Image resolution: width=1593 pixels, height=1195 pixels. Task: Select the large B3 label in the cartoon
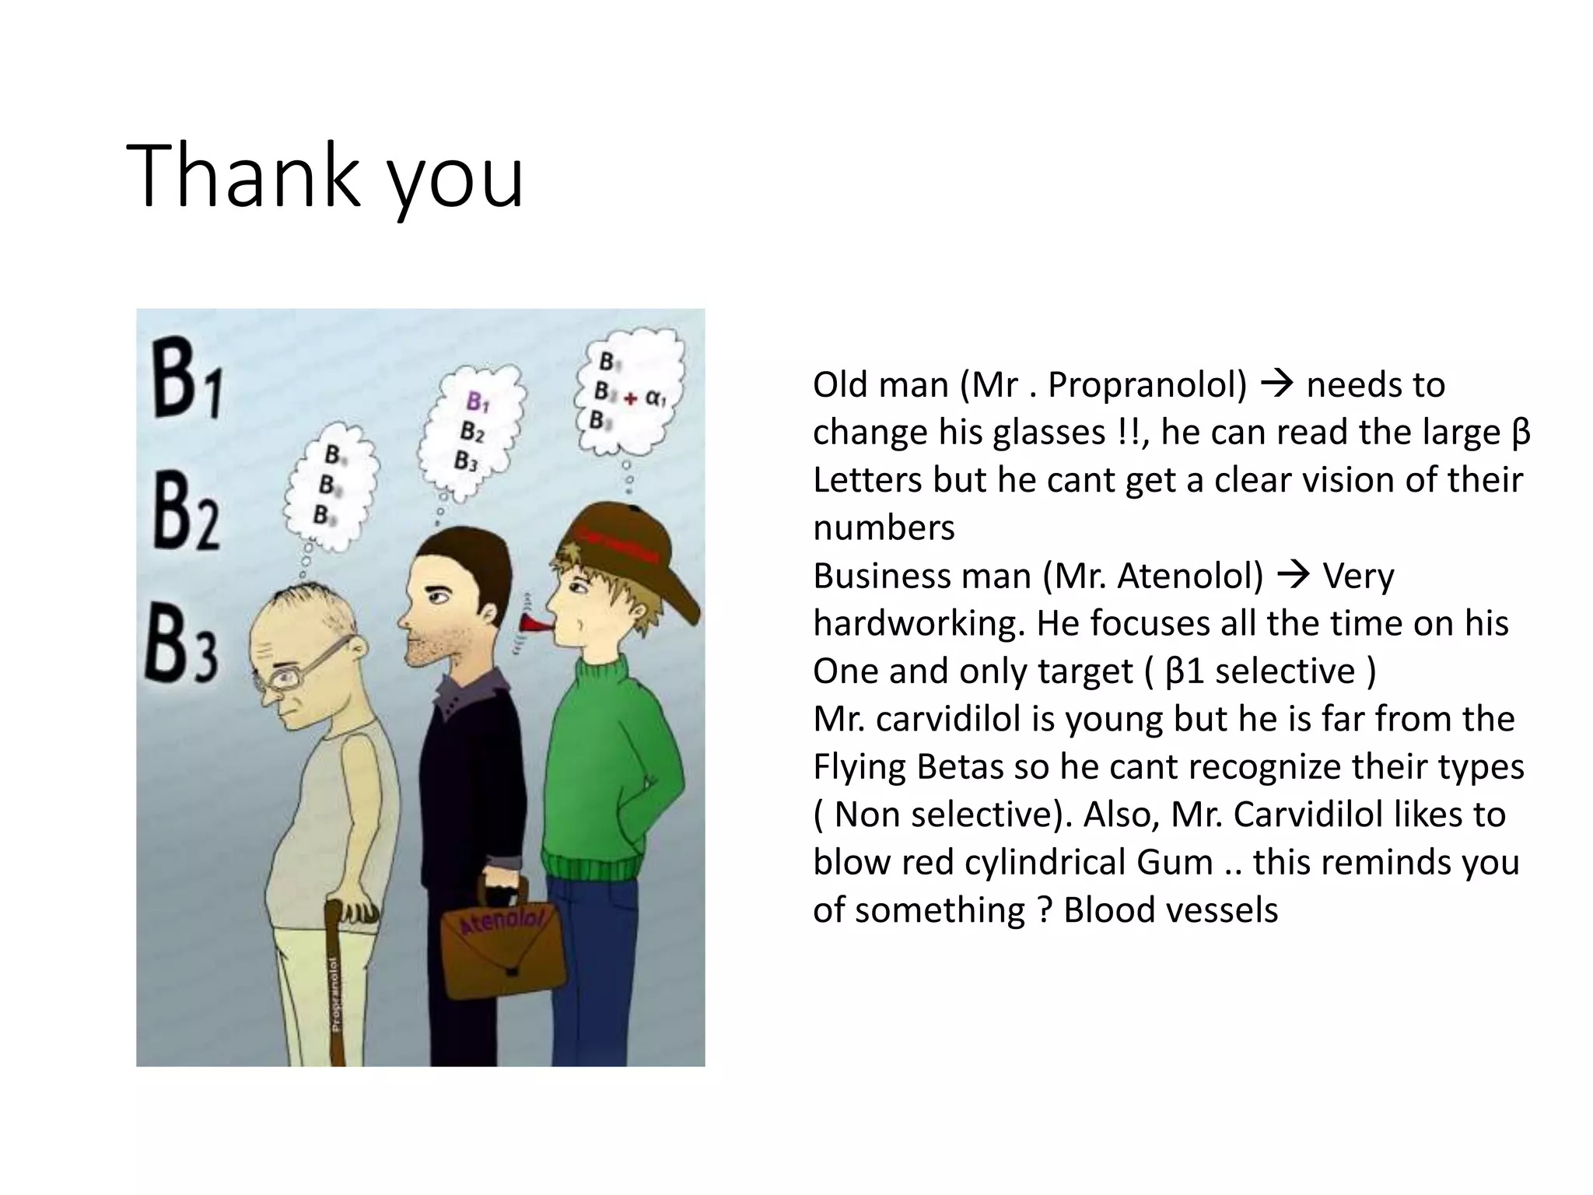point(180,647)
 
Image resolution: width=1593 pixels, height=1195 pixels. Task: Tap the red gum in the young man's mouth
point(534,622)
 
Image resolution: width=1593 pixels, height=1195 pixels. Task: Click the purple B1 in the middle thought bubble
point(477,402)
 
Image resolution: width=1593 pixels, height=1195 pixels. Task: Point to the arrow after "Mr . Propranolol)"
point(1276,384)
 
